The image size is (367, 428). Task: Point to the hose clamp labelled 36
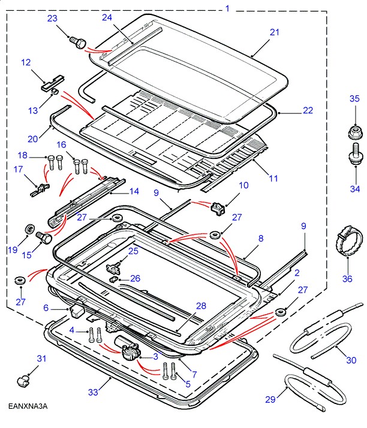click(347, 246)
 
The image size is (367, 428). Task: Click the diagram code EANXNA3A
click(28, 406)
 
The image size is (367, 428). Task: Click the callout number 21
click(275, 32)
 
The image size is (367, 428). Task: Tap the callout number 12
click(26, 62)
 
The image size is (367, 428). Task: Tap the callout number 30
click(351, 360)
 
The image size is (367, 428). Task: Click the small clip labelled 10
click(218, 207)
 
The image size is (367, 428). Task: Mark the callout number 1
click(227, 8)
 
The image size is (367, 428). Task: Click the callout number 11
click(273, 178)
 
